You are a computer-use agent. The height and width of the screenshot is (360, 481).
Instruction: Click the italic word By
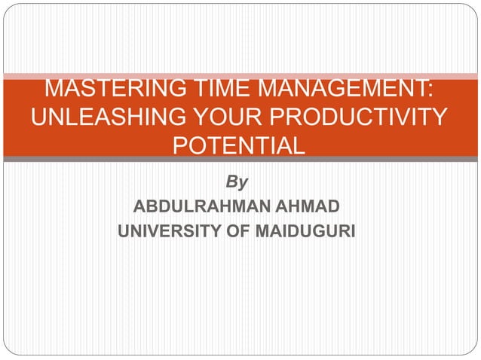(x=239, y=182)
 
